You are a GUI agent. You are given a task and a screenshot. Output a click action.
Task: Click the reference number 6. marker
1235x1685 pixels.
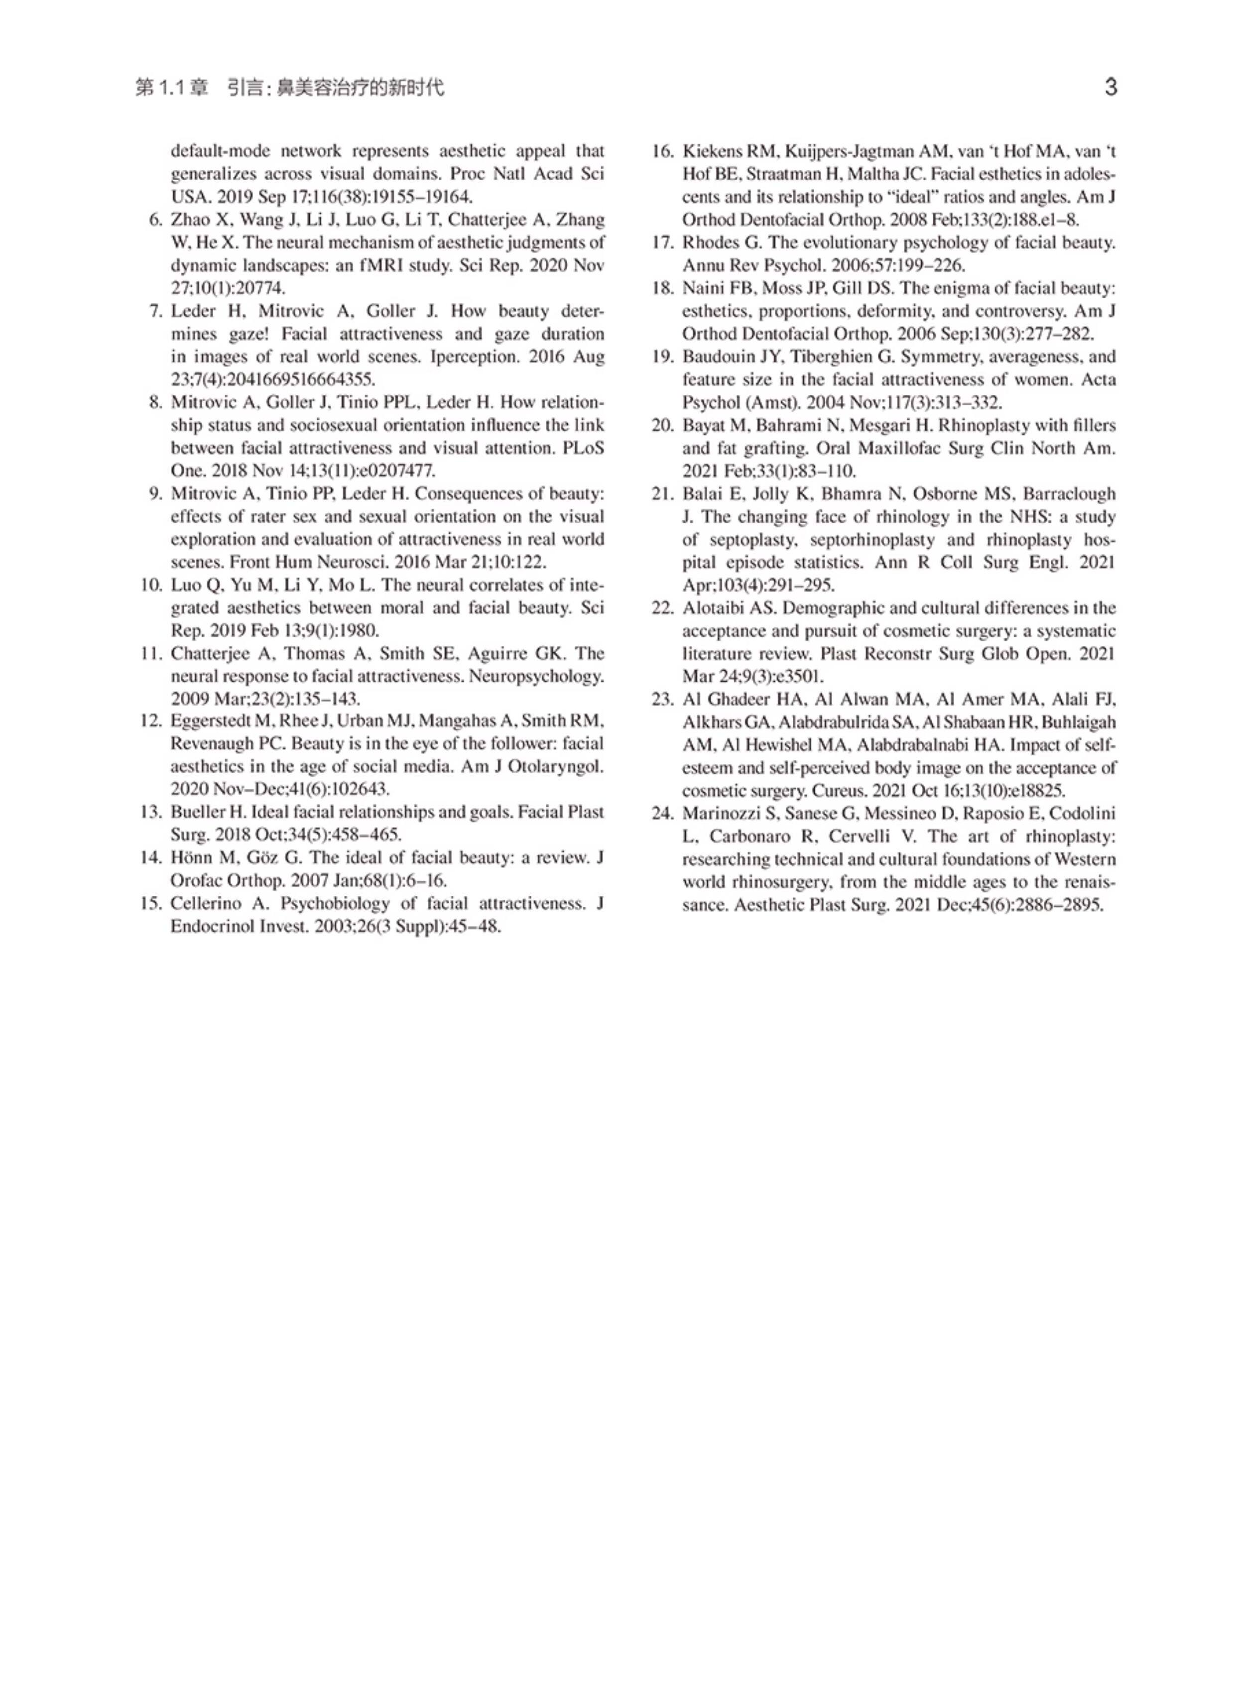tap(156, 220)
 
